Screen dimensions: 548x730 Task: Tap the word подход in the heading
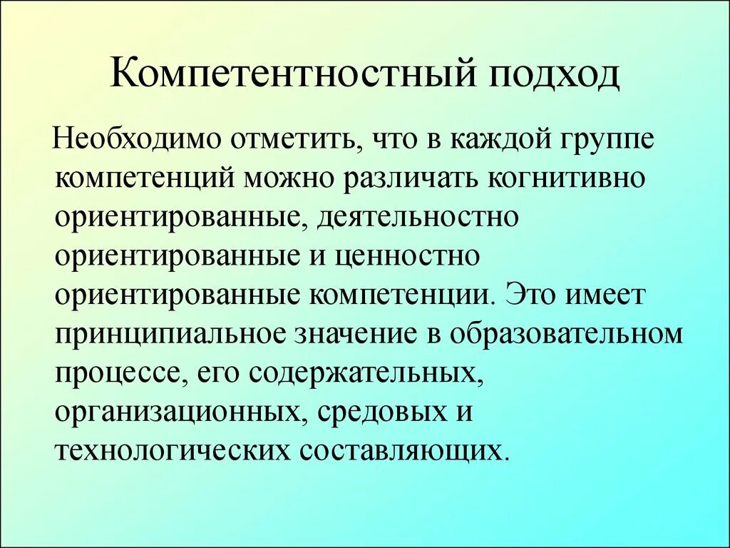click(555, 76)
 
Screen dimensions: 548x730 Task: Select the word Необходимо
click(142, 136)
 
